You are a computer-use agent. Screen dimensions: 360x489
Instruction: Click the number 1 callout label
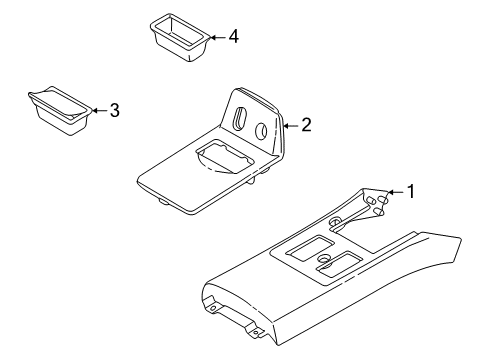408,192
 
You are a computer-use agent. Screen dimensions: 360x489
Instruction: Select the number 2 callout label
306,125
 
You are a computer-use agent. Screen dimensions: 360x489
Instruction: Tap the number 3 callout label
114,111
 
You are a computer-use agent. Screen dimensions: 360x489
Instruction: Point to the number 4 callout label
233,37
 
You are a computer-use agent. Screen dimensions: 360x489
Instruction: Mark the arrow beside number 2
291,125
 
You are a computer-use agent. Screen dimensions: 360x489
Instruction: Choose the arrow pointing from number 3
99,111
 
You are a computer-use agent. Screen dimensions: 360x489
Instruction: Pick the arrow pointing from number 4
218,37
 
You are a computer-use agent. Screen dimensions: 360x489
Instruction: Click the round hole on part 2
260,130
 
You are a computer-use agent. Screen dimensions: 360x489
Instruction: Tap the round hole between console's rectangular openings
324,261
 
